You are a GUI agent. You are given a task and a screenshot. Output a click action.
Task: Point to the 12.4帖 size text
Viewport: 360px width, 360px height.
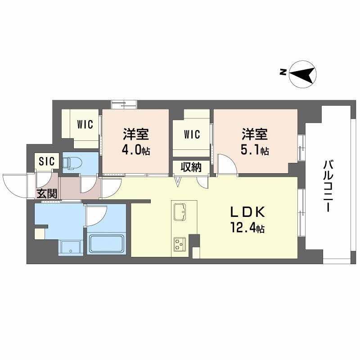click(247, 229)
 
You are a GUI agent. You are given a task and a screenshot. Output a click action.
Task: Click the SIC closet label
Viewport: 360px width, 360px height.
click(47, 161)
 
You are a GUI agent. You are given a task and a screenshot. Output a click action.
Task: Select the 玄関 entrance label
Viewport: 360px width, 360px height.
click(46, 194)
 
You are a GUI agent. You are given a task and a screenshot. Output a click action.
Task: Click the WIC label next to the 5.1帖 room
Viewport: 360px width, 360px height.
click(191, 134)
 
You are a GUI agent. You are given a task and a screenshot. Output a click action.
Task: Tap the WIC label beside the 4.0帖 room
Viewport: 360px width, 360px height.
click(85, 124)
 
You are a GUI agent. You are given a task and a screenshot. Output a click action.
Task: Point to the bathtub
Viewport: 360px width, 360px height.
click(107, 243)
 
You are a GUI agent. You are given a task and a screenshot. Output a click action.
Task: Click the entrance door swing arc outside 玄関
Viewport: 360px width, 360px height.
click(16, 184)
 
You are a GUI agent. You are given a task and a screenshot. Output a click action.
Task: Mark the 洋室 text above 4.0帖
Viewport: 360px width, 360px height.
click(136, 134)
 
